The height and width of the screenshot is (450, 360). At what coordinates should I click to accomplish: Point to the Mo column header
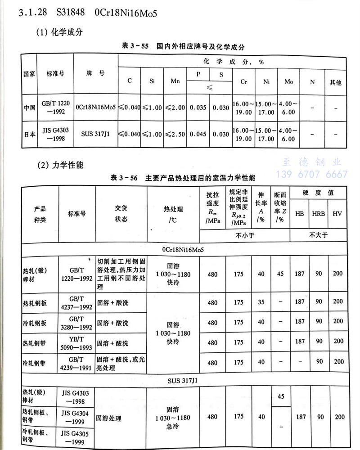click(288, 81)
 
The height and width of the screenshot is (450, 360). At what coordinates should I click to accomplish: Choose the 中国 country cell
click(30, 108)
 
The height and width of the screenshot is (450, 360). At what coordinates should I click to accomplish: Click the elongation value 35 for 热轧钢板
click(261, 302)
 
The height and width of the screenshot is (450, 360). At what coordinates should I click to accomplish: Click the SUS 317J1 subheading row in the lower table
click(180, 381)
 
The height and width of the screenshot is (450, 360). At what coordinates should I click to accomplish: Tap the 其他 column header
click(335, 82)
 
